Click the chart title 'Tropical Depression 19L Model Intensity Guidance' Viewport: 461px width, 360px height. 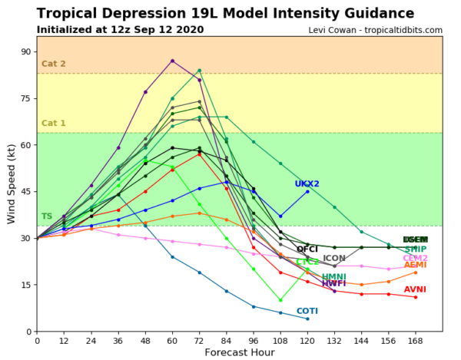pyautogui.click(x=228, y=13)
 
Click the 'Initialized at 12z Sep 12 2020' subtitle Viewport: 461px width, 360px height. pyautogui.click(x=120, y=30)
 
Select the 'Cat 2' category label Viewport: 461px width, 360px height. pyautogui.click(x=54, y=64)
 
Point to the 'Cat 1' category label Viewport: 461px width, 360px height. pyautogui.click(x=54, y=123)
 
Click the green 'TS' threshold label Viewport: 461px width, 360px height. pyautogui.click(x=47, y=217)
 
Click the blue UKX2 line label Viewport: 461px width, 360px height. pyautogui.click(x=307, y=184)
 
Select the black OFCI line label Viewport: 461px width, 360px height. pyautogui.click(x=307, y=249)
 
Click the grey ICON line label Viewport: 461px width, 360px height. pyautogui.click(x=334, y=259)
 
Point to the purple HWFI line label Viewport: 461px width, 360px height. pyautogui.click(x=333, y=284)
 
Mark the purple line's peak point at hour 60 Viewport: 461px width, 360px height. pyautogui.click(x=172, y=61)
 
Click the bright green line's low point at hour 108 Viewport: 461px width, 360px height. pyautogui.click(x=280, y=300)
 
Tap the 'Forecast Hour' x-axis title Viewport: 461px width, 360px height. pyautogui.click(x=239, y=352)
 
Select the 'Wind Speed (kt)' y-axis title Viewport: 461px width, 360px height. pyautogui.click(x=12, y=184)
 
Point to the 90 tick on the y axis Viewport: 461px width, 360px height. pyautogui.click(x=25, y=51)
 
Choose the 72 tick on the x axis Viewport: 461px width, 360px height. pyautogui.click(x=199, y=339)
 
